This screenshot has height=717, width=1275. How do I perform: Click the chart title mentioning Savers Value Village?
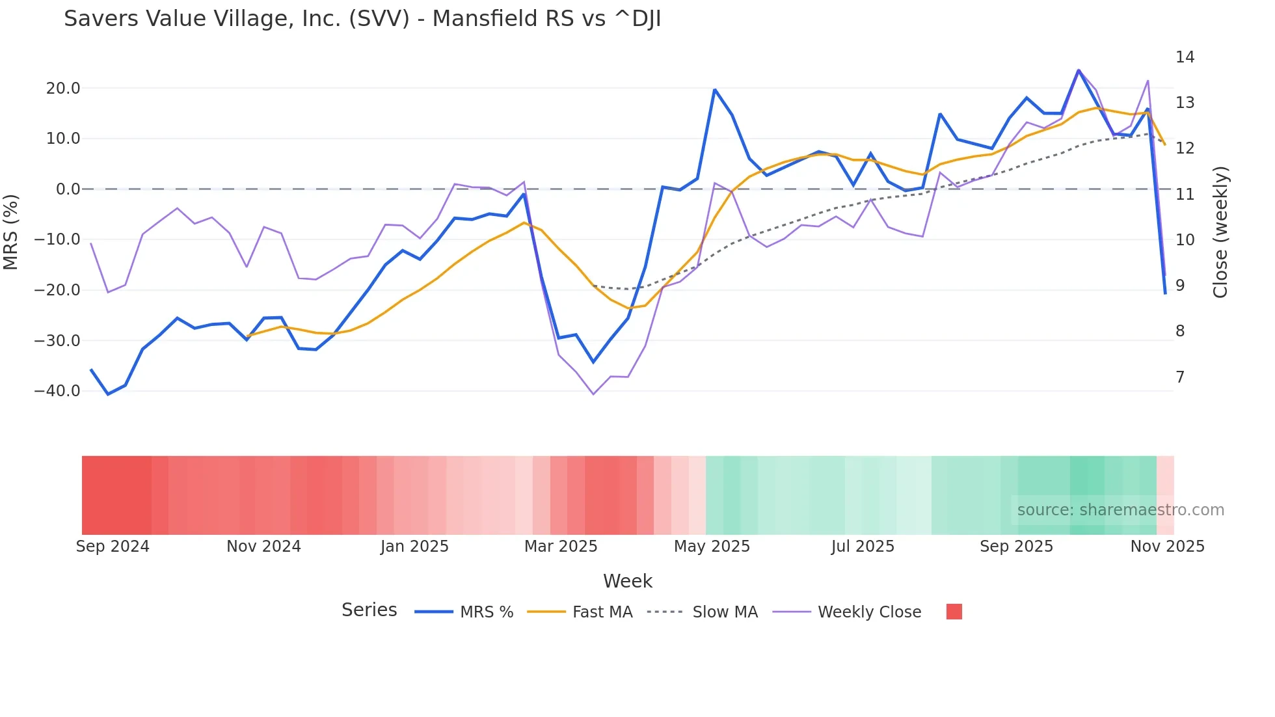(362, 19)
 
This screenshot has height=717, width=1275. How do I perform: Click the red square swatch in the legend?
(954, 612)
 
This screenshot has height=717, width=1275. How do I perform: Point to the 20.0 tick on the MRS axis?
(63, 88)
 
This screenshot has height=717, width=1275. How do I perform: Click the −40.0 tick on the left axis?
(57, 391)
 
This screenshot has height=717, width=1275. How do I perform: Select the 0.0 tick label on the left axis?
(68, 189)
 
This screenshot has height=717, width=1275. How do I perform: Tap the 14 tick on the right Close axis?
(1185, 57)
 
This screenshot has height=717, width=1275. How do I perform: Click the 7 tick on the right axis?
(1180, 377)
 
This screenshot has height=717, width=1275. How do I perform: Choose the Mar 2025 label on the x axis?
(561, 547)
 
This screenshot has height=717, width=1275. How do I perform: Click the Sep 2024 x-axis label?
(113, 547)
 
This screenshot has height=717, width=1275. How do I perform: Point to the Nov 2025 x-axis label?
(1167, 547)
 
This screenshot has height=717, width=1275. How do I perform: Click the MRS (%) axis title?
(11, 232)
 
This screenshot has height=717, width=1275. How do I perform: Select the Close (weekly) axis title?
(1220, 232)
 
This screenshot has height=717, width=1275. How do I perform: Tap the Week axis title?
(627, 581)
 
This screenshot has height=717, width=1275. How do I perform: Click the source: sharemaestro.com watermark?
(1120, 510)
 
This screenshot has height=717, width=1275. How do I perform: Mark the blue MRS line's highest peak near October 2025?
(1079, 70)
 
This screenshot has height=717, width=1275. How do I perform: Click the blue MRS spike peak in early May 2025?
(714, 90)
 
